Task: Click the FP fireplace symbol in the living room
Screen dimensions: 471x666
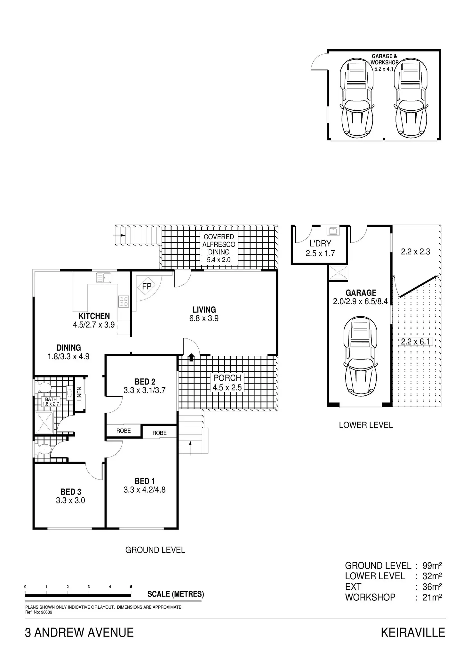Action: coord(147,286)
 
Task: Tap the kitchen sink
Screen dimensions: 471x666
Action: coord(103,278)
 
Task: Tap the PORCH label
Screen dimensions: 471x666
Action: coord(227,378)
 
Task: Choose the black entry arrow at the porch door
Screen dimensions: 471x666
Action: coord(191,357)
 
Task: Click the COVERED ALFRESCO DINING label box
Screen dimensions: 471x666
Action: coord(219,248)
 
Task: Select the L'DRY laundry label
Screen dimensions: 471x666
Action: coord(320,243)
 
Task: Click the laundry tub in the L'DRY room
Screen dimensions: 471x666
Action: coord(333,231)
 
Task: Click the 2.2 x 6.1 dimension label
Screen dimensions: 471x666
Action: coord(415,342)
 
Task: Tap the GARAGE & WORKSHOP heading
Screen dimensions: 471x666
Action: coord(384,59)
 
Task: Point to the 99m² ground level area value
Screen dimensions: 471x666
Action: coord(432,566)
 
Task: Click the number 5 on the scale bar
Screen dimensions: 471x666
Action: coord(131,587)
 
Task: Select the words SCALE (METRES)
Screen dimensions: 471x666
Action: coord(176,594)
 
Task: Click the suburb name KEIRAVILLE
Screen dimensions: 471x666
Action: coord(413,632)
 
